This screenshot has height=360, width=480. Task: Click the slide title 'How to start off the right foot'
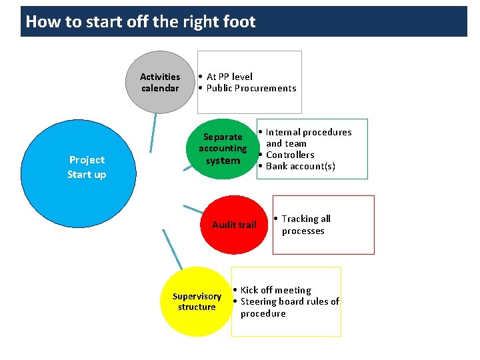140,22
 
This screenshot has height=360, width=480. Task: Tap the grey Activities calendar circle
160,82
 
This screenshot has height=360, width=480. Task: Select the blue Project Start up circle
87,167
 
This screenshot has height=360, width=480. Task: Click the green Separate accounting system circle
223,149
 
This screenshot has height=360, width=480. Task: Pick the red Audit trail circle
234,224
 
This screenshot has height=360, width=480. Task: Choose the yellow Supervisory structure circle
197,301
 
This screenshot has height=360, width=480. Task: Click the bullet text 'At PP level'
229,77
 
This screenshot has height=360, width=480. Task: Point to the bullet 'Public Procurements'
251,88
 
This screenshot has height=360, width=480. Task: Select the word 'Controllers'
290,155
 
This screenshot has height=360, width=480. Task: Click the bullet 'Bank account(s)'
300,166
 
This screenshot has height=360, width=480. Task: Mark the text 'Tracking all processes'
305,225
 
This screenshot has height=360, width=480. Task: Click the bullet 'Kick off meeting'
275,290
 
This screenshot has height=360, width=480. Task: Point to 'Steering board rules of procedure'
289,307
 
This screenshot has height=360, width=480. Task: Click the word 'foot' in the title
239,22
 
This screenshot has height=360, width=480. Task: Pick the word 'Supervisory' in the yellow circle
197,296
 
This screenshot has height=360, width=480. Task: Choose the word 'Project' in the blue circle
87,160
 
